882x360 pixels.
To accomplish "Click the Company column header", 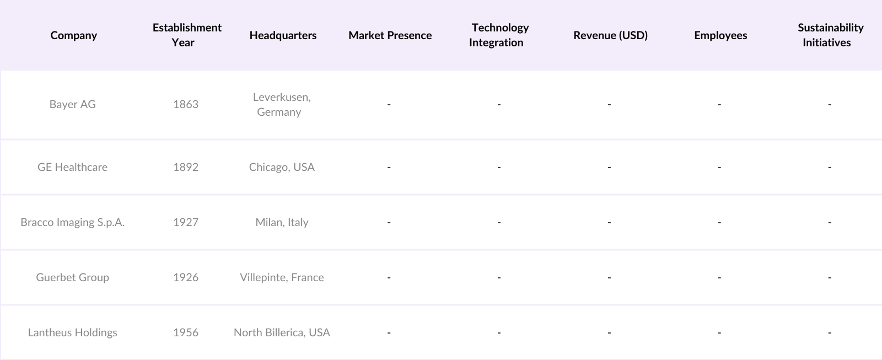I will [73, 35].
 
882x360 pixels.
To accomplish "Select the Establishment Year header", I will [187, 35].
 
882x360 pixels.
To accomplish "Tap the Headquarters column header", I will [283, 35].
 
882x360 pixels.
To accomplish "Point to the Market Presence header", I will [390, 35].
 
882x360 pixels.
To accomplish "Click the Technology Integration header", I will [499, 35].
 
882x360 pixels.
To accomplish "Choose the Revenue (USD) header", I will [610, 35].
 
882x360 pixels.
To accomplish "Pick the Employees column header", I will [720, 35].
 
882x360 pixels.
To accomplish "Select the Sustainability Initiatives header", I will [830, 35].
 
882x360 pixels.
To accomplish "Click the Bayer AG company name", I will [72, 104].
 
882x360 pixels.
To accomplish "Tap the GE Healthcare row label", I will [72, 167].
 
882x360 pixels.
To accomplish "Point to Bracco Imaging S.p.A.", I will [72, 222].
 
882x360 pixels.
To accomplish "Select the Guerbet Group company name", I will [72, 277].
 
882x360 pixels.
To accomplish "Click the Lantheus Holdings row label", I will [72, 332].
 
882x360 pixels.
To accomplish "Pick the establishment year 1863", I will [186, 104].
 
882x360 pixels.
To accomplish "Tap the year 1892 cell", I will [186, 167].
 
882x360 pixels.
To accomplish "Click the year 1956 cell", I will [186, 332].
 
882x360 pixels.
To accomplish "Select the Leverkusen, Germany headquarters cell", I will [281, 104].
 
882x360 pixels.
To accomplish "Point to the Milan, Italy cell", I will [282, 222].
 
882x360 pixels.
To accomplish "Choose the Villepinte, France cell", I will [282, 277].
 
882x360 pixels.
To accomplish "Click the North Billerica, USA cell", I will [282, 332].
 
